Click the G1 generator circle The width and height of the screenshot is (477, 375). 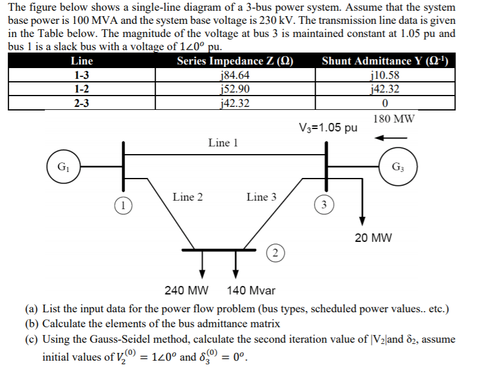coord(63,166)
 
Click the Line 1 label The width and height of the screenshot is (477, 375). coord(223,143)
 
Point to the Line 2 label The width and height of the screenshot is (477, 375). coord(187,197)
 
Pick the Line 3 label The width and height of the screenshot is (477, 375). coord(261,197)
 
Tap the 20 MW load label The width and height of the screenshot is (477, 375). coord(373,238)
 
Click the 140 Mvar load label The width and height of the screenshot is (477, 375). coord(251,291)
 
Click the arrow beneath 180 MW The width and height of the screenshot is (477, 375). coord(390,138)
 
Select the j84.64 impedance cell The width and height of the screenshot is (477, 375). coord(235,76)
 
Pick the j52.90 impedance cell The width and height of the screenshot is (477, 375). coord(235,90)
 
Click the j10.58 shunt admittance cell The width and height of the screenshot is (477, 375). coord(385,76)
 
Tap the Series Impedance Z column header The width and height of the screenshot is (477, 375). coord(235,61)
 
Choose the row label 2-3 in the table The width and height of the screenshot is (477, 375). coord(82,103)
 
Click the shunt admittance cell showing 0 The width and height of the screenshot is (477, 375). coord(385,103)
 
